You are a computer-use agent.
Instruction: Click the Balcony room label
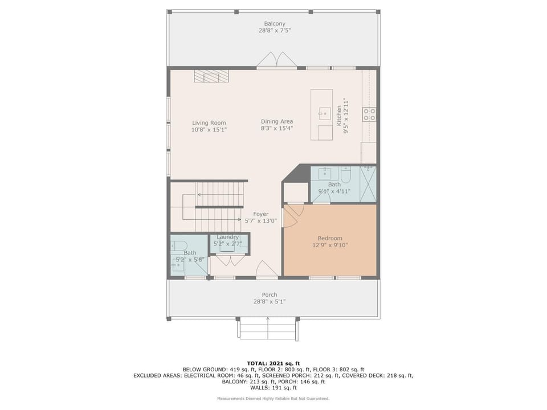(x=275, y=24)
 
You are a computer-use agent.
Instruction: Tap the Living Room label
(x=209, y=123)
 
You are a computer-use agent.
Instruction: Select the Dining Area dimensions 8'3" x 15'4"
(x=277, y=128)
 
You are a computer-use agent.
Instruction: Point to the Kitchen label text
(x=338, y=116)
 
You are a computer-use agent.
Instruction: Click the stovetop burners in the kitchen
(x=369, y=114)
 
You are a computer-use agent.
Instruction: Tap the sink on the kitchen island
(x=324, y=113)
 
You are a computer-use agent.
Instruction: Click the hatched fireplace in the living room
(x=211, y=76)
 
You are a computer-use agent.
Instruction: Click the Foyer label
(x=261, y=214)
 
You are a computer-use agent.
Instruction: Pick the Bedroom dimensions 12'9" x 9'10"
(x=330, y=245)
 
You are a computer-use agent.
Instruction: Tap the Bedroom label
(x=330, y=239)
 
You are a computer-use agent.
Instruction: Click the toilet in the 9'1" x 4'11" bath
(x=346, y=174)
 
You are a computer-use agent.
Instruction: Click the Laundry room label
(x=227, y=237)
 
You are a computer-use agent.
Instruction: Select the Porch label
(x=270, y=294)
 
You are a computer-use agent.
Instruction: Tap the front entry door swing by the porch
(x=267, y=269)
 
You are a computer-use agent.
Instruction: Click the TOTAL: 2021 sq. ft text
(x=273, y=363)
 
